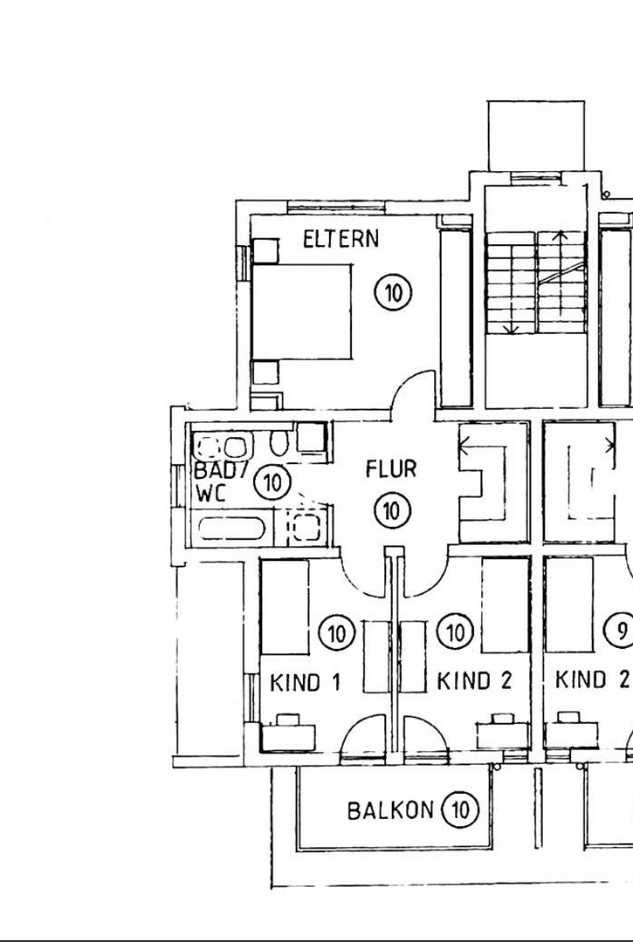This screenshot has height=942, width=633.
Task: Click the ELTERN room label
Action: point(341,238)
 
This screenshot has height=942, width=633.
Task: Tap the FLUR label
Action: point(390,470)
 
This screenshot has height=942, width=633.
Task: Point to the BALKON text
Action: point(390,810)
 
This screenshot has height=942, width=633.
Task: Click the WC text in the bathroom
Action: point(211,492)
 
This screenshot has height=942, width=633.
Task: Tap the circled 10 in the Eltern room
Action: point(394,293)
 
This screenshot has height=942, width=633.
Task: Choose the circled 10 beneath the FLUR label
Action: point(391,509)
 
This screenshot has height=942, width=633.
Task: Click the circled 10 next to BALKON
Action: point(460,810)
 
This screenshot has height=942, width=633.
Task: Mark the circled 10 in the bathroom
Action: point(273,481)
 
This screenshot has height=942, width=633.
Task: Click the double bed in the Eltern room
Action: point(302,311)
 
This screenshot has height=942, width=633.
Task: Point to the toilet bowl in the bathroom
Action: point(279,444)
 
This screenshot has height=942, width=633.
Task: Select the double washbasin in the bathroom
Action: point(222,447)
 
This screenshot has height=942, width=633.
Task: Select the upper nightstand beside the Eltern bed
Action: point(265,251)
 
